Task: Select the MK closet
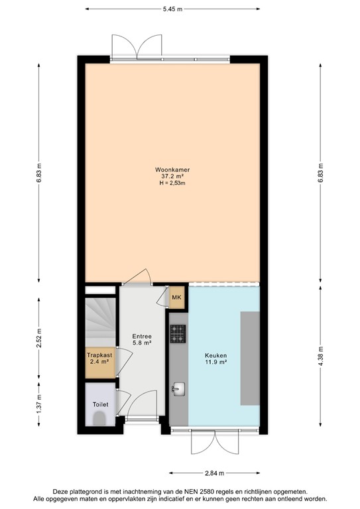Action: coord(176,298)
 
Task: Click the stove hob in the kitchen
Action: coord(178,335)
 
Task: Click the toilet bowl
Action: coord(99,418)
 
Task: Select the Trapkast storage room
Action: coord(99,363)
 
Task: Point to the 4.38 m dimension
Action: coord(321,348)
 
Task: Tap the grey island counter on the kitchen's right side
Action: coord(249,359)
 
